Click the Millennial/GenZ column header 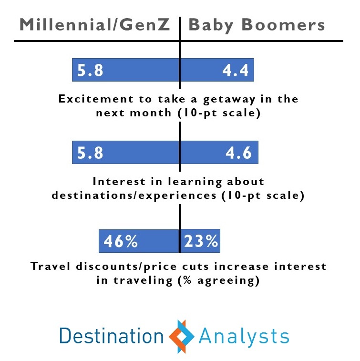(94, 24)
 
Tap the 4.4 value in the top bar (235, 70)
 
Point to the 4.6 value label (238, 153)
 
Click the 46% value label (120, 241)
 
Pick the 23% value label (201, 241)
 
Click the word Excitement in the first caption (96, 99)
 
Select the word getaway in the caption (229, 100)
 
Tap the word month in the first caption (151, 113)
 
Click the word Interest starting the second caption (119, 181)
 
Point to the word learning (195, 182)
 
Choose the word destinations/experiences (134, 196)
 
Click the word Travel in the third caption (51, 266)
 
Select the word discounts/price (126, 267)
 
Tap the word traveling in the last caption (143, 281)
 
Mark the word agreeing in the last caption (226, 281)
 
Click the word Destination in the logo (112, 336)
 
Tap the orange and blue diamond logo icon (181, 336)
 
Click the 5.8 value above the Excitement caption (90, 70)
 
